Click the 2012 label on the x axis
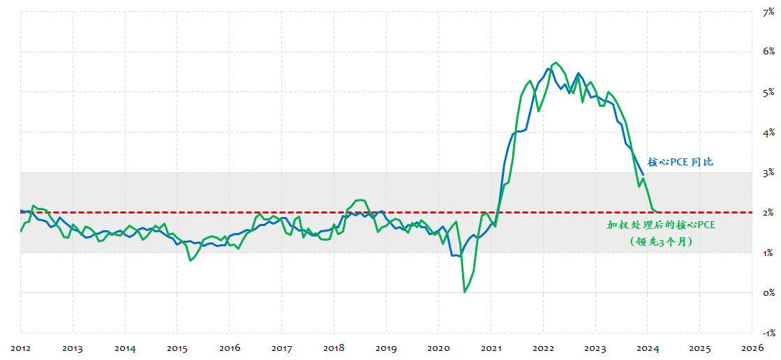20,347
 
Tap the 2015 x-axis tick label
177,347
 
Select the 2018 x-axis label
334,347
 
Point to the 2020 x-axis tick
438,347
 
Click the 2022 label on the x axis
543,347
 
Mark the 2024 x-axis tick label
648,347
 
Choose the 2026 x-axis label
752,347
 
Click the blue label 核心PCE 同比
680,162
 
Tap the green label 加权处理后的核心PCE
661,225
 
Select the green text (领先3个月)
661,241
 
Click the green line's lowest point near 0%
465,292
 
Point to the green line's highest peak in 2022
555,63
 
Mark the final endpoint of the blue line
643,174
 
